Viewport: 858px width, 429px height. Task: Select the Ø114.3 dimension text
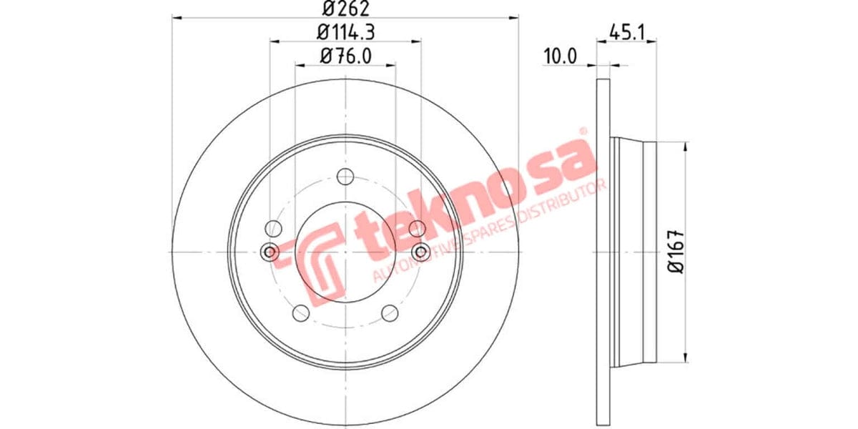click(x=345, y=32)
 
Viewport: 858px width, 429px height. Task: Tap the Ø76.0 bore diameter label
click(x=345, y=56)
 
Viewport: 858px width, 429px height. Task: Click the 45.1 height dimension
click(x=626, y=32)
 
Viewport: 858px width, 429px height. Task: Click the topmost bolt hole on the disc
click(x=345, y=177)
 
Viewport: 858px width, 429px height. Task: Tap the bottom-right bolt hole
click(x=390, y=313)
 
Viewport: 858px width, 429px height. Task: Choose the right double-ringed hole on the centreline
click(x=420, y=252)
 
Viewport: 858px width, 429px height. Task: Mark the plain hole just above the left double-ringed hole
click(x=272, y=229)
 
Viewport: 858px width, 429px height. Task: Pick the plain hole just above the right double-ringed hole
click(x=418, y=229)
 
